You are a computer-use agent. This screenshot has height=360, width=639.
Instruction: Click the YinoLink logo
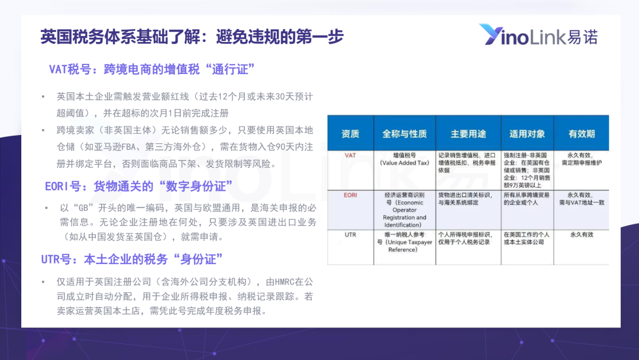tap(538, 35)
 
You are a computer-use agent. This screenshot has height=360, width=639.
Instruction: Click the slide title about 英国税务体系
tap(192, 37)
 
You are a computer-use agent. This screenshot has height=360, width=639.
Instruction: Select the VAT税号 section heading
tap(151, 69)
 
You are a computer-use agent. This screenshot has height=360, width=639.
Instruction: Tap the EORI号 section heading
tap(138, 187)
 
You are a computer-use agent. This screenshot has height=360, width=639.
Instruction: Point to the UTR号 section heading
tap(132, 259)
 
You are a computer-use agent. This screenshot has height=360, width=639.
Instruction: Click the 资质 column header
tap(350, 134)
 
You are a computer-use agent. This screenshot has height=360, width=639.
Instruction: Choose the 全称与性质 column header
tap(404, 134)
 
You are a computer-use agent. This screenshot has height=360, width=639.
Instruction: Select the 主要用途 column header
tap(468, 134)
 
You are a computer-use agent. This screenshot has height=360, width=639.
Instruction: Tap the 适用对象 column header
tap(527, 134)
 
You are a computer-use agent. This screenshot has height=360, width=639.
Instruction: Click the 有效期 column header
tap(582, 134)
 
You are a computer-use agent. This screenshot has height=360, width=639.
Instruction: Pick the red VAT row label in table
tap(350, 155)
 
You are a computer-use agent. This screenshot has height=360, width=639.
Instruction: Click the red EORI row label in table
tap(350, 195)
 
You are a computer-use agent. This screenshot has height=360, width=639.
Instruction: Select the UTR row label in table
tap(350, 235)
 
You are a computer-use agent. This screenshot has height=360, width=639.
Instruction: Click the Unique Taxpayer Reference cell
tap(404, 242)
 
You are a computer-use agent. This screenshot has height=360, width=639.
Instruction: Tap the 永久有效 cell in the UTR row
tap(582, 235)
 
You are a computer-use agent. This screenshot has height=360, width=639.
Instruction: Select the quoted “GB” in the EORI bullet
tap(83, 208)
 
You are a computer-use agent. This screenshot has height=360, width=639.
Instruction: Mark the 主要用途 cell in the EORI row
tap(466, 199)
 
